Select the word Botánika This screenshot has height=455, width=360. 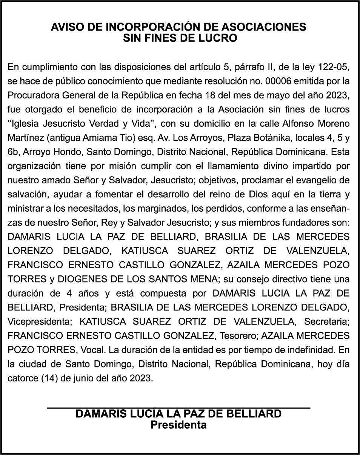pos(251,138)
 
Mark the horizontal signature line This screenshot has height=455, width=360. pos(178,407)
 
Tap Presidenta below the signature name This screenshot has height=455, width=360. pos(178,425)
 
